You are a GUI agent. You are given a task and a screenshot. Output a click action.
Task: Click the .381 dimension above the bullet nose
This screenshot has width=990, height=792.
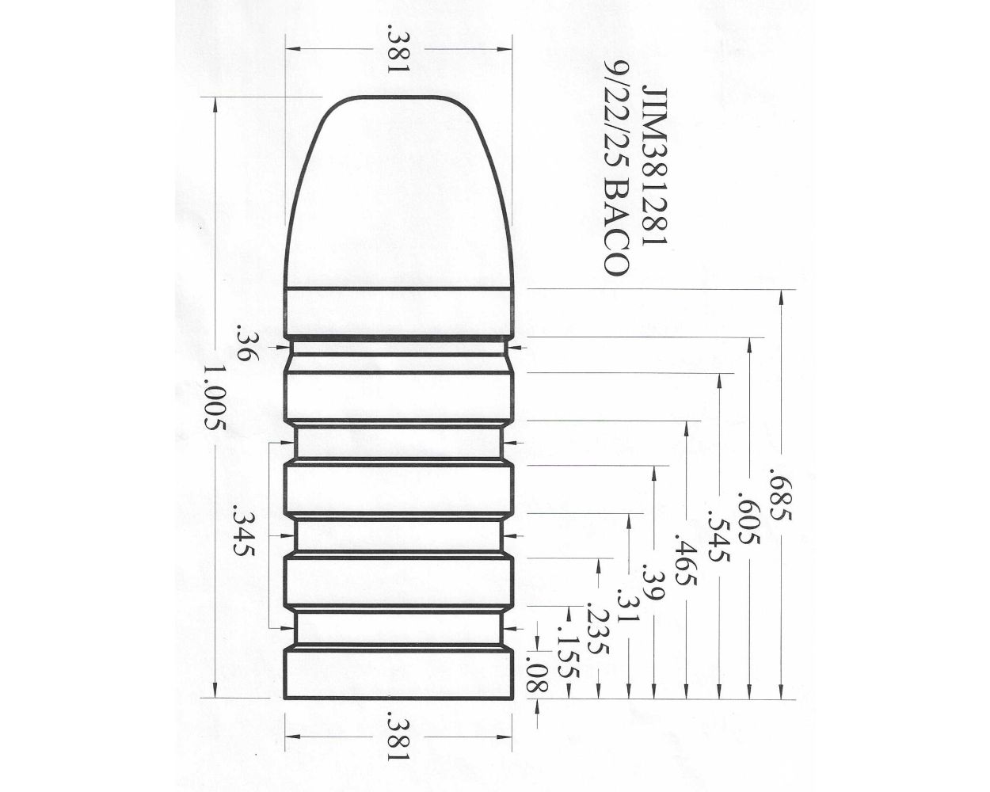coord(398,49)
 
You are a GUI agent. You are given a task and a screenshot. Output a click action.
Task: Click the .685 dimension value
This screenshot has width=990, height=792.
coord(780,497)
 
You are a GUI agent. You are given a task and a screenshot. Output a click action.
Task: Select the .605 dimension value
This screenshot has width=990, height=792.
coord(749,519)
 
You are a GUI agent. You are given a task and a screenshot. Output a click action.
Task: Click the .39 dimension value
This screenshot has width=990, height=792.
coord(653,584)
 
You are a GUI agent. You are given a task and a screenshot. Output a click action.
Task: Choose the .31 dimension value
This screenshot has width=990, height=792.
coord(627,606)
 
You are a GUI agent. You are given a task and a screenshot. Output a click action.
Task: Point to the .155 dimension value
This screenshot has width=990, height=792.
coord(568,653)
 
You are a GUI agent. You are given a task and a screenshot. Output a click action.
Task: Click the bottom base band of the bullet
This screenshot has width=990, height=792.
coord(398,674)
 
